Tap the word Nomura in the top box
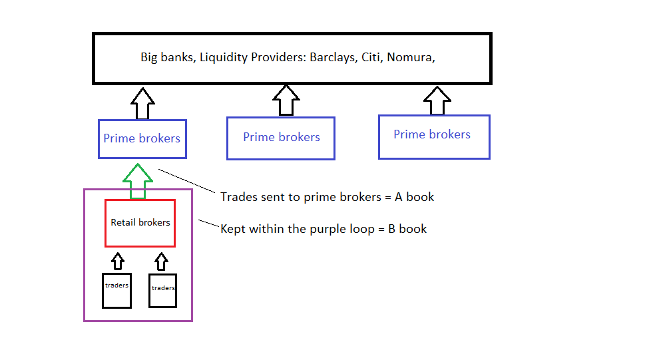tap(409, 57)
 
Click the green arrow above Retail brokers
tap(138, 180)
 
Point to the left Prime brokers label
tap(142, 138)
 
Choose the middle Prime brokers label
tap(282, 137)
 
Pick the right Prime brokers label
tap(432, 134)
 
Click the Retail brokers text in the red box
tap(140, 222)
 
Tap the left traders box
tap(116, 290)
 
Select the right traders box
tap(162, 290)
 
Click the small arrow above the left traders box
tap(117, 260)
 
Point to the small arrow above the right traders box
tap(160, 260)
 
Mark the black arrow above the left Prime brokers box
tap(142, 102)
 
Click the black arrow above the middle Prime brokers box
tap(286, 100)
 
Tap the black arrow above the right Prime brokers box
tap(437, 100)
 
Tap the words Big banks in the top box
tap(166, 57)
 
